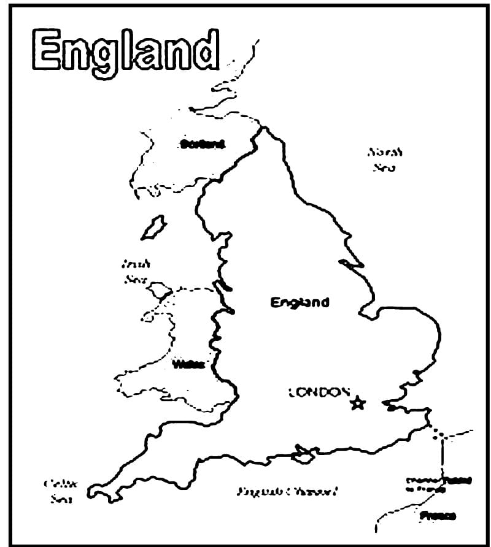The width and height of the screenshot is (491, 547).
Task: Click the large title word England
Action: tap(126, 51)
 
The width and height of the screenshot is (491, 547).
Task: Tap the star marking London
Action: tap(358, 403)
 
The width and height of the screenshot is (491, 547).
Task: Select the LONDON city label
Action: tap(319, 392)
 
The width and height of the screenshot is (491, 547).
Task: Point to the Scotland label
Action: tap(203, 145)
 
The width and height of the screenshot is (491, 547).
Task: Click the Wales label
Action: tap(188, 364)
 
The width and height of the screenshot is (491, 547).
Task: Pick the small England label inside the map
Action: tap(300, 302)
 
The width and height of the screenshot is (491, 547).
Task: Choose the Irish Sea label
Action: tap(136, 271)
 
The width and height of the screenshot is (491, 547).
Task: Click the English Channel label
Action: tap(288, 491)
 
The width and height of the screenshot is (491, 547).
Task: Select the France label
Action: tap(438, 516)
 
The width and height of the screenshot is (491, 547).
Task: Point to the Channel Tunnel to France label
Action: tap(435, 484)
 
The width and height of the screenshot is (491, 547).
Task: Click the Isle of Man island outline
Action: tap(153, 227)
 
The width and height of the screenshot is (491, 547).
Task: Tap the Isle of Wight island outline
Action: tap(303, 455)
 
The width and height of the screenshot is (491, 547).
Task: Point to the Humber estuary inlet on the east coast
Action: tap(352, 264)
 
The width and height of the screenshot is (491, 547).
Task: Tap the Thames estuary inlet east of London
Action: tap(393, 405)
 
